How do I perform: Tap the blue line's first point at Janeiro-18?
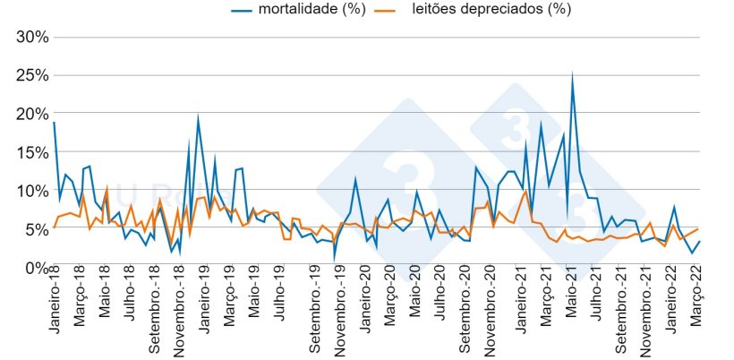[54, 123]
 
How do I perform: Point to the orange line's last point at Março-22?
[698, 229]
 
